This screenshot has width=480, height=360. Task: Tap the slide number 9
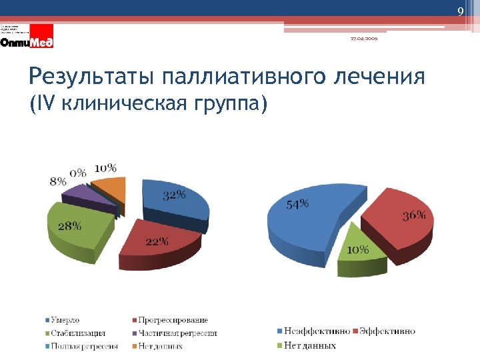[459, 12]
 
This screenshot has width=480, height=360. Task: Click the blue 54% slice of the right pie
[303, 220]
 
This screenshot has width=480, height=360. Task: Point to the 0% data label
[79, 173]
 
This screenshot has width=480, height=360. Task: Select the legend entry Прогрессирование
[174, 321]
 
